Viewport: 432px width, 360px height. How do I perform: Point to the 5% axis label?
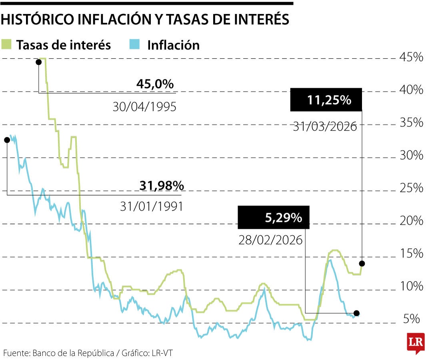coord(411,319)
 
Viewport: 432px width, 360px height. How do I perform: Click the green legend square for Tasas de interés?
coord(7,44)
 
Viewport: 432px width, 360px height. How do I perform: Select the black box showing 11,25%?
coord(326,100)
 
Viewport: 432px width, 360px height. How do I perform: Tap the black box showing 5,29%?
coord(274,218)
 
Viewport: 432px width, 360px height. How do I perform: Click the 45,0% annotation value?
coord(155,84)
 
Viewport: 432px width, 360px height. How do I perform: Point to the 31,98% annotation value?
coord(161,186)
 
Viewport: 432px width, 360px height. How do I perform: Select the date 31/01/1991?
coord(151,206)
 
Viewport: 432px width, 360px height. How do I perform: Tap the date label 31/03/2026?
coord(324,126)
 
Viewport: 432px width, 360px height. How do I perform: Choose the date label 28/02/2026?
coord(270,240)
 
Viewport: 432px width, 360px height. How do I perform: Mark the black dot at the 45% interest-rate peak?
coord(39,62)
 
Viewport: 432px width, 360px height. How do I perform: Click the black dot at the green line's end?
coord(362,263)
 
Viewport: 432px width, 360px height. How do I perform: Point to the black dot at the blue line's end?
coord(357,313)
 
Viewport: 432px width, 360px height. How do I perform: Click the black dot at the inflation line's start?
coord(7,140)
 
